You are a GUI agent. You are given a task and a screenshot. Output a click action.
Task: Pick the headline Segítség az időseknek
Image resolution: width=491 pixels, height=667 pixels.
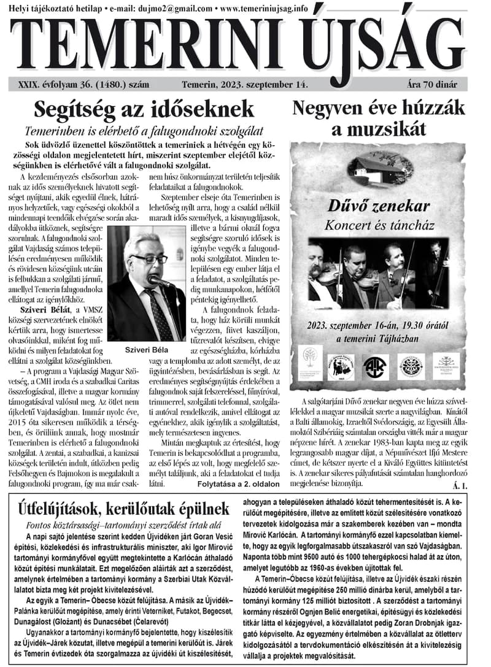click(x=144, y=110)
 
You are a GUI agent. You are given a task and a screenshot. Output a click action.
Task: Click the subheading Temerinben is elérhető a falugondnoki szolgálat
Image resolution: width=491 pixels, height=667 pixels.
click(x=144, y=131)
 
